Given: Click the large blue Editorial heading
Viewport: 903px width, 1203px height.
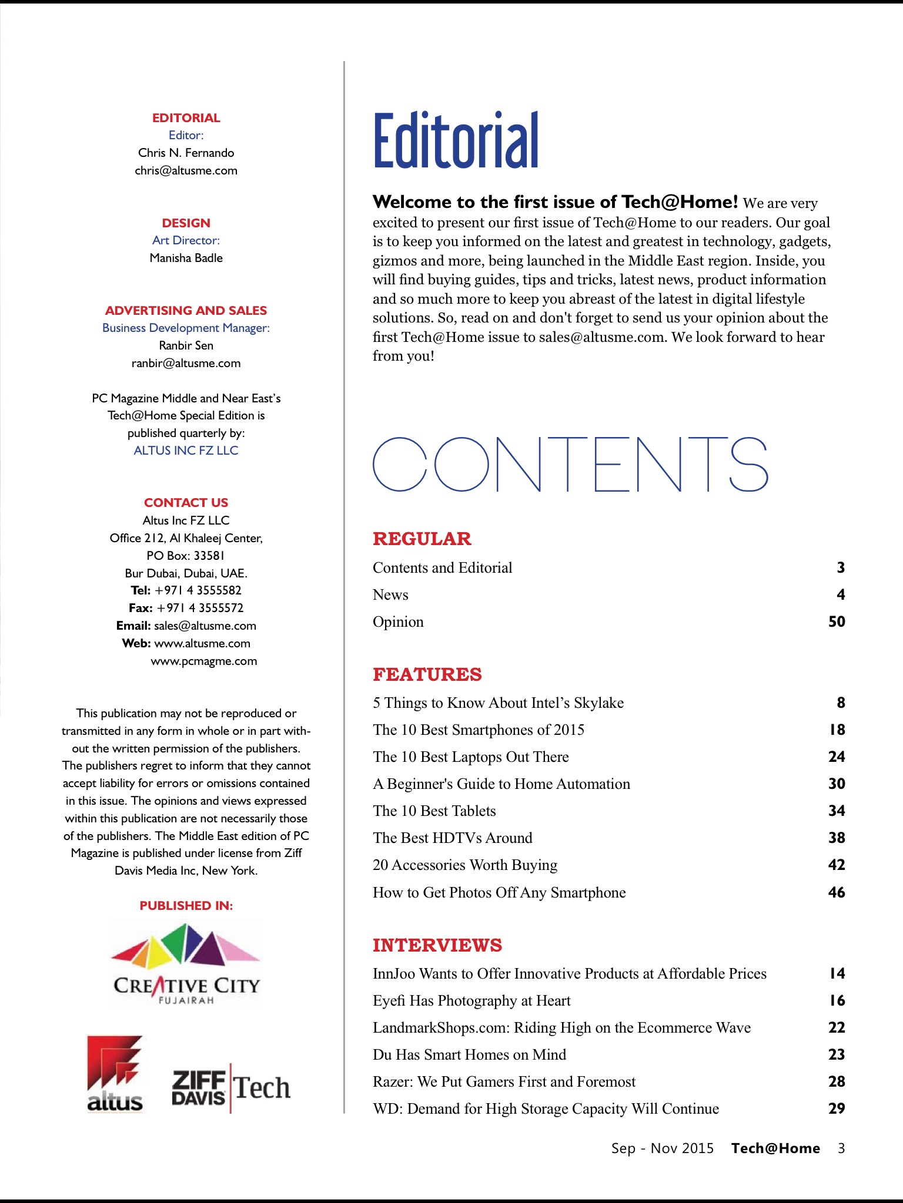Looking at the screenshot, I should tap(456, 141).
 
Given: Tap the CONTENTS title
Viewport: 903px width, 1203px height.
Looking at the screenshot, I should tap(570, 465).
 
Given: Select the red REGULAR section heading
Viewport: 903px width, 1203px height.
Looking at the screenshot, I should tap(422, 539).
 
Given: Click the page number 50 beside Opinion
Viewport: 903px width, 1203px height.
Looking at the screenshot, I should tap(837, 621).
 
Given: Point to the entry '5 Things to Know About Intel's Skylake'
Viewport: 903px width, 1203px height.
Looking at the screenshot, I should tap(498, 703).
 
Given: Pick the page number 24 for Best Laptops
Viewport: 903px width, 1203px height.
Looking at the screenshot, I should tap(837, 757).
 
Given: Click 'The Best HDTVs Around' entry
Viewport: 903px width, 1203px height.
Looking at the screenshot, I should tap(453, 838).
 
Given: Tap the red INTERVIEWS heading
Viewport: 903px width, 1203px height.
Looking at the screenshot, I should tap(437, 945).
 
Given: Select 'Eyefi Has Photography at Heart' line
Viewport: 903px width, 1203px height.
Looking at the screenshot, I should tap(471, 1000).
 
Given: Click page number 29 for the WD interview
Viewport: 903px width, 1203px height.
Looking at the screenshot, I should tap(837, 1108).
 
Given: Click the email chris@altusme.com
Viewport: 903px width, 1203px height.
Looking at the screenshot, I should tap(186, 170).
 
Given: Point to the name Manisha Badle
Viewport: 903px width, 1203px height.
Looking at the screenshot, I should tap(186, 258).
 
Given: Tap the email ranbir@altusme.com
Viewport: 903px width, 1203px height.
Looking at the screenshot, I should tap(186, 363).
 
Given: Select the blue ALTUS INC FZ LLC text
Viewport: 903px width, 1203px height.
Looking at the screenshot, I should tap(186, 451).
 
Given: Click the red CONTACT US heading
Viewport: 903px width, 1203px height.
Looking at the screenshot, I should tap(186, 503).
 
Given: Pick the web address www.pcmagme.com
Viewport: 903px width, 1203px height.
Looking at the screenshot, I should tap(203, 661).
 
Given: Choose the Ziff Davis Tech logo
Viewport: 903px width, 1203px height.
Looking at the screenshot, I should tap(230, 1088).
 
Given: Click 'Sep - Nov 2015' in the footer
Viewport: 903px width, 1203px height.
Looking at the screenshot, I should tap(663, 1148).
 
